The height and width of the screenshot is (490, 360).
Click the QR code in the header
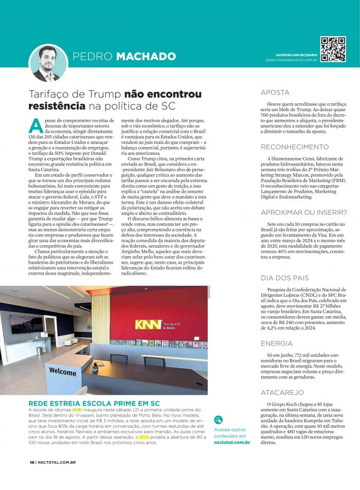333,49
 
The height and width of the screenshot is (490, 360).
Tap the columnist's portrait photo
49,63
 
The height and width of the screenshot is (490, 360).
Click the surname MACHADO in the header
146,56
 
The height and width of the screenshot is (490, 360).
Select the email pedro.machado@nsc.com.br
291,60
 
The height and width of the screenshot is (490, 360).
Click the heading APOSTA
275,93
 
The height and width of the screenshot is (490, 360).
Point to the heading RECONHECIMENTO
295,147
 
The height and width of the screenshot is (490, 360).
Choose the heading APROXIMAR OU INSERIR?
303,212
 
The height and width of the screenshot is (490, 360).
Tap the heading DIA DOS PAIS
284,278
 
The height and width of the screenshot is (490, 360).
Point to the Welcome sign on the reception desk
63,371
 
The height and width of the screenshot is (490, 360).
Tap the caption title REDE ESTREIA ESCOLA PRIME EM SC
94,403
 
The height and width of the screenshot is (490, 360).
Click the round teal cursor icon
219,420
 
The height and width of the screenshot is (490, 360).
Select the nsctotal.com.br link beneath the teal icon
232,442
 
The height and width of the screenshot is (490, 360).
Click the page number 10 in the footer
31,462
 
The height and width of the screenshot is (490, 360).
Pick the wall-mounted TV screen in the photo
26,323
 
